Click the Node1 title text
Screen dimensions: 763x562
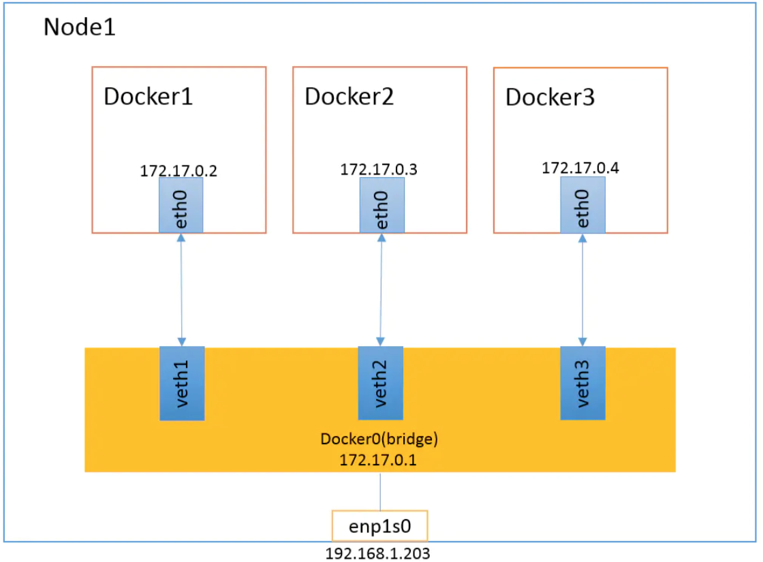click(x=79, y=27)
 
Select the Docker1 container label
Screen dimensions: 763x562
click(x=149, y=96)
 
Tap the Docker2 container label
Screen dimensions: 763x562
click(x=349, y=96)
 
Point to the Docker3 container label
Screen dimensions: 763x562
click(x=550, y=97)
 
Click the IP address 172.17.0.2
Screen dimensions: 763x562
click(x=178, y=171)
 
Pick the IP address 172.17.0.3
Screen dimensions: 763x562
click(x=379, y=170)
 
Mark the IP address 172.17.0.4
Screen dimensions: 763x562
click(x=580, y=168)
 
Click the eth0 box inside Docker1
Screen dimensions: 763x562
click(x=181, y=205)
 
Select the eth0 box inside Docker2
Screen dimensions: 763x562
click(x=382, y=205)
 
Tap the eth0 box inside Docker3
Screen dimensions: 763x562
click(x=583, y=205)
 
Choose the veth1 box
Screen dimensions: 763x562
click(x=182, y=384)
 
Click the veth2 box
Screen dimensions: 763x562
click(x=381, y=383)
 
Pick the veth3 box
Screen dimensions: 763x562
click(x=583, y=383)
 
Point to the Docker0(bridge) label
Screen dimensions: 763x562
click(x=379, y=439)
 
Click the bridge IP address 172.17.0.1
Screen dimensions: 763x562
click(x=378, y=460)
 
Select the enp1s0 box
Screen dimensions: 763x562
click(x=379, y=526)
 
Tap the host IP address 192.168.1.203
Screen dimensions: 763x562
click(x=377, y=554)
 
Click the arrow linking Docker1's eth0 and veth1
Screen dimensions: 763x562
click(x=181, y=290)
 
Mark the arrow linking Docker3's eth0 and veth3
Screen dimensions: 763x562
click(x=582, y=290)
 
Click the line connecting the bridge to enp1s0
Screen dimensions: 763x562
click(x=380, y=491)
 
